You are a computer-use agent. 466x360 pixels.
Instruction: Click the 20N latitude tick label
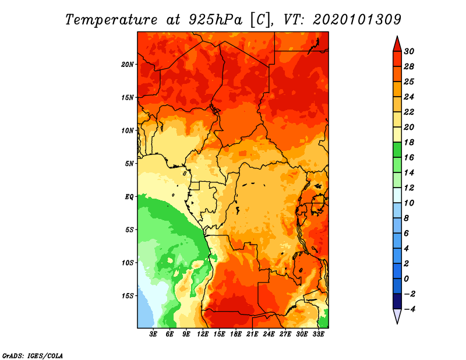[x=127, y=65]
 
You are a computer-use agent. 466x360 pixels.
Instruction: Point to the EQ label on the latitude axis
[x=129, y=197]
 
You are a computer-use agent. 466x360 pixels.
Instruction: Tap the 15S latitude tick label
[x=128, y=296]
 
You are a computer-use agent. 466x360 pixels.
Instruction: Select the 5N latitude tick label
[x=129, y=164]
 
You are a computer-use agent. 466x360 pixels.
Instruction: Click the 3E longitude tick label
[x=153, y=334]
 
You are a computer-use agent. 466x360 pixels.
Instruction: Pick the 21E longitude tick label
[x=252, y=334]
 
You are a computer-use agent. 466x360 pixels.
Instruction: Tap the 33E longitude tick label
[x=318, y=334]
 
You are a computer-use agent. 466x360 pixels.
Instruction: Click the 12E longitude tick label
[x=202, y=334]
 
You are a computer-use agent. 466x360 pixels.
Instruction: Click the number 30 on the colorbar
[x=409, y=51]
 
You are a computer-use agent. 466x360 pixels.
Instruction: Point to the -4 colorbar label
[x=409, y=309]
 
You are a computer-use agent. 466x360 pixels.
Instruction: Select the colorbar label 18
[x=409, y=142]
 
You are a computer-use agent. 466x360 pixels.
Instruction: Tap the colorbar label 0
[x=407, y=279]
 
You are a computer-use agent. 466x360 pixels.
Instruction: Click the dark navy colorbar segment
[x=397, y=301]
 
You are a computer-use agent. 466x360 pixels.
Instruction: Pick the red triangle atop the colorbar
[x=397, y=45]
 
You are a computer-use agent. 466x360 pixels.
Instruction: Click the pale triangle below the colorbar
[x=397, y=316]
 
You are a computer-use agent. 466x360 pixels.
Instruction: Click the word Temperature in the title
[x=111, y=20]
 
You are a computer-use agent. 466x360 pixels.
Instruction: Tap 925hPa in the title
[x=215, y=20]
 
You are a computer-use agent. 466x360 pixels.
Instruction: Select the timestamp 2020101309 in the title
[x=357, y=20]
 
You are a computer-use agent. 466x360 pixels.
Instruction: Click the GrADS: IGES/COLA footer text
[x=33, y=355]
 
